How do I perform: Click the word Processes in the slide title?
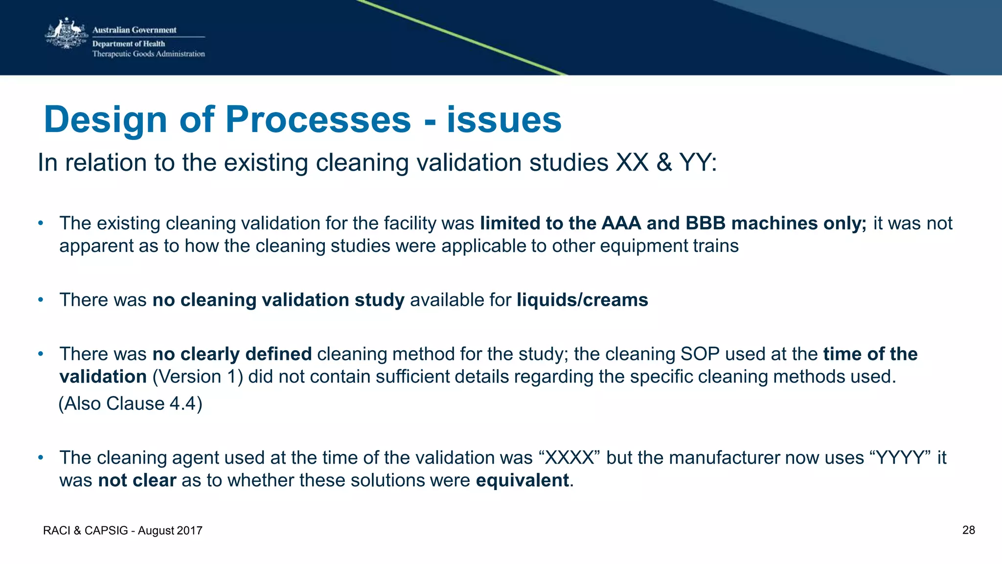click(x=318, y=120)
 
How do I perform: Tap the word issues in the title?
click(x=504, y=120)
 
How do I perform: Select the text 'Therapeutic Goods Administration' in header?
click(x=149, y=54)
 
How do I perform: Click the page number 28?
click(x=968, y=530)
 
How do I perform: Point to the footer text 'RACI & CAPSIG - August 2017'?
click(x=123, y=531)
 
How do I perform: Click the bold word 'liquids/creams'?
click(x=582, y=300)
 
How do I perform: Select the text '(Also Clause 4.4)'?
click(x=130, y=404)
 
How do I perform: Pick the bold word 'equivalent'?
click(x=522, y=480)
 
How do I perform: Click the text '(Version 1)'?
click(x=198, y=377)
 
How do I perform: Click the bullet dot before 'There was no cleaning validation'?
click(x=41, y=300)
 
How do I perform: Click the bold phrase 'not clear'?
click(x=137, y=480)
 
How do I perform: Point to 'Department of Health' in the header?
click(x=129, y=44)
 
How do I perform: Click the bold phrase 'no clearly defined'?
click(x=232, y=354)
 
